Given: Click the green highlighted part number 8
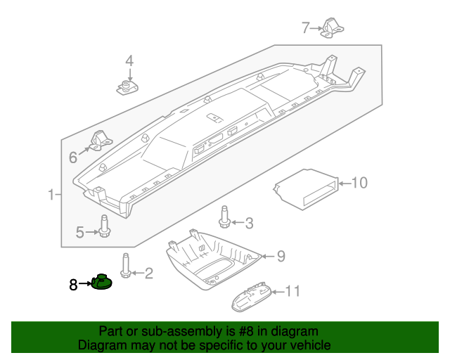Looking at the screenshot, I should [103, 283].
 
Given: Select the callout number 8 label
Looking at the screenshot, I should [73, 285].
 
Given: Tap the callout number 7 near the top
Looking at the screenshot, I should [305, 28].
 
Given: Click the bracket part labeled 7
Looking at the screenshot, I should [333, 27].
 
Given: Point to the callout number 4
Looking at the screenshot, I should [129, 62].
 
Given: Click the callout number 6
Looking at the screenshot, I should [73, 157].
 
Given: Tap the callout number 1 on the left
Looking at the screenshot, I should [50, 194].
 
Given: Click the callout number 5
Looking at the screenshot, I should [80, 231].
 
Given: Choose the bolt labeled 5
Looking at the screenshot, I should [104, 226].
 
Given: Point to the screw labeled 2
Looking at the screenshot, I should [126, 265].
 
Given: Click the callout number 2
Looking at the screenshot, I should [148, 273].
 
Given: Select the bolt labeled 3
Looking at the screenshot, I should [225, 217].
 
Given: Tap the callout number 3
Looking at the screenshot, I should [248, 224].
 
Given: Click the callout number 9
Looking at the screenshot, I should [281, 257].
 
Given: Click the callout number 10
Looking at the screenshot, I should [359, 184].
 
